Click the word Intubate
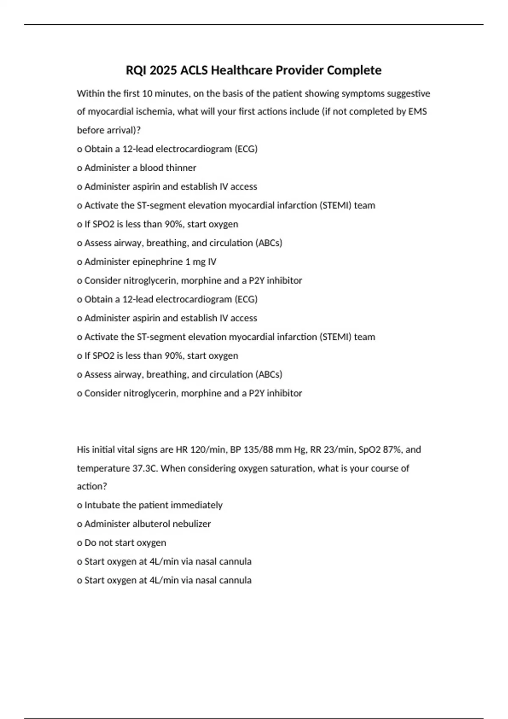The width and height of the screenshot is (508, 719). [x=102, y=505]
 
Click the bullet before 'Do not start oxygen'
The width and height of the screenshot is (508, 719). [x=79, y=543]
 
